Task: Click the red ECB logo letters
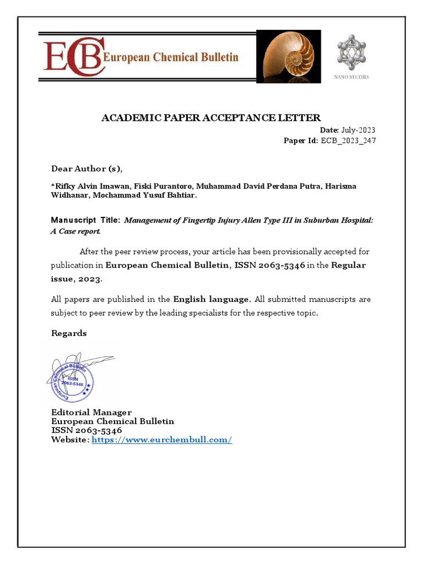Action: [72, 56]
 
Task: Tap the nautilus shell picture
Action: [285, 56]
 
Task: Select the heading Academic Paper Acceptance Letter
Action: [211, 117]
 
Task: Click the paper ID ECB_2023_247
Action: [348, 140]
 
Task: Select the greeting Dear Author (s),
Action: [87, 168]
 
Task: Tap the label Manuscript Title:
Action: [85, 220]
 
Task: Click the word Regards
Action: [69, 333]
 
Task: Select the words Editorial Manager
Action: [91, 412]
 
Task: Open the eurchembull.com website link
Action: [162, 440]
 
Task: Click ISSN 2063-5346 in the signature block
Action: [86, 430]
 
